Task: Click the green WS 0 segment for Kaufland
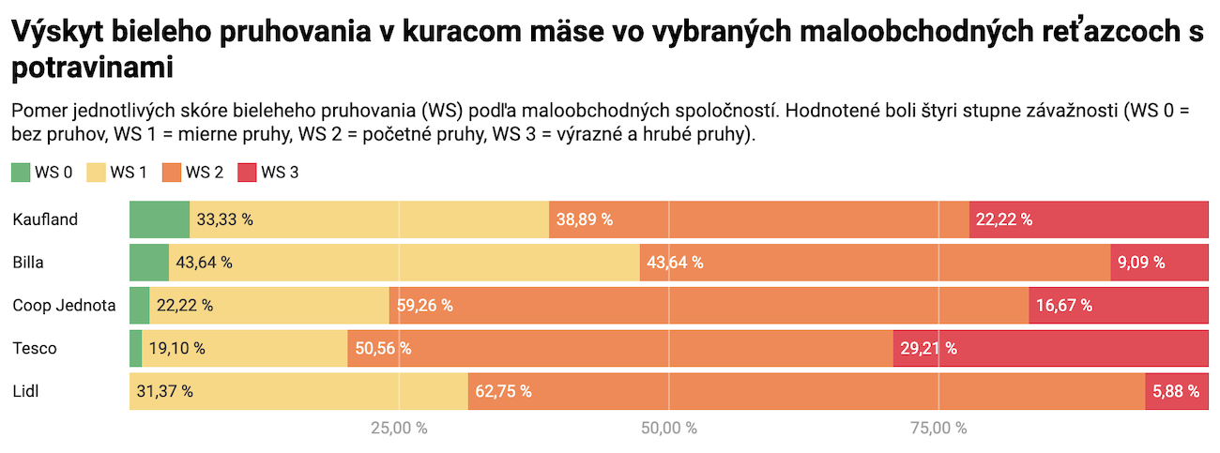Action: coord(160,219)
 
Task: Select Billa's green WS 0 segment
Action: coord(149,263)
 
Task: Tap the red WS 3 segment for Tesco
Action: coord(1050,348)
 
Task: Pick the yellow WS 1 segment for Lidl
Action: coord(298,391)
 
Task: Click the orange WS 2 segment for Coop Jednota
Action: coord(709,305)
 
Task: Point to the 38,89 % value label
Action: coord(585,219)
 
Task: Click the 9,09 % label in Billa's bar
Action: coord(1141,263)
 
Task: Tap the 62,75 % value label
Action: coord(504,391)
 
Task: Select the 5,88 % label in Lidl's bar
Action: coord(1176,391)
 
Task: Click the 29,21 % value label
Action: coord(929,348)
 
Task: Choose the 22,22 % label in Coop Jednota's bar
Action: coord(185,305)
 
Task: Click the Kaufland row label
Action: coord(45,219)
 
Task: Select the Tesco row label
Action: coord(35,348)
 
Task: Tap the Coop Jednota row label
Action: coord(64,305)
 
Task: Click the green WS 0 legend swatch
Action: coord(21,173)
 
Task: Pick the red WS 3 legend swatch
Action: coord(247,173)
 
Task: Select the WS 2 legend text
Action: coord(204,173)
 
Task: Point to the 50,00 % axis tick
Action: coord(669,429)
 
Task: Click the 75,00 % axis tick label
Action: coord(938,429)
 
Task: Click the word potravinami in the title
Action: coord(94,68)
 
